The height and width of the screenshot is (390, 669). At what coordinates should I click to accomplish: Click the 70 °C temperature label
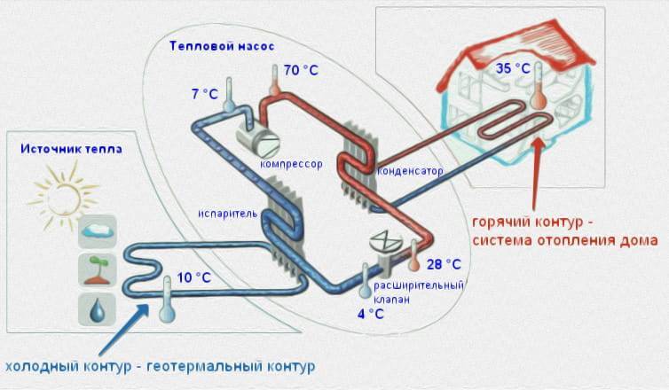303,70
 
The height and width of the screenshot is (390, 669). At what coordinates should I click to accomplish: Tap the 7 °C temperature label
204,93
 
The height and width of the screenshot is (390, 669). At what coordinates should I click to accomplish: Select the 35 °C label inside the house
512,67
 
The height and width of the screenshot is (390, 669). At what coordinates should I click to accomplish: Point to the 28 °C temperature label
445,264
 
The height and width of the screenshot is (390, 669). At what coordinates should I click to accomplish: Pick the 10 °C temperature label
194,277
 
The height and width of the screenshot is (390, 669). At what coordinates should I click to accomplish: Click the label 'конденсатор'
410,170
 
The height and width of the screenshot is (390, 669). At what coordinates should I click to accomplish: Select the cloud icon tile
97,232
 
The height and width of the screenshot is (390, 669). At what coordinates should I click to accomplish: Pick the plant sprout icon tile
97,270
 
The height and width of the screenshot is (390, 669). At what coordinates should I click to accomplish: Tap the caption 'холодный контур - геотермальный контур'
160,366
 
